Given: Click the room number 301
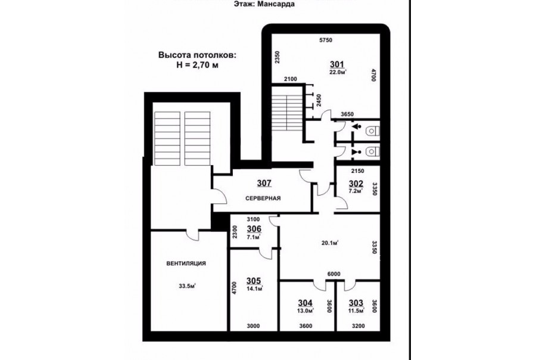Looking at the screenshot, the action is pyautogui.click(x=336, y=64).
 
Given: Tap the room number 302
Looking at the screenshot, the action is pyautogui.click(x=356, y=184).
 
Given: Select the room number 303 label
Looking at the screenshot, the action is pyautogui.click(x=356, y=303).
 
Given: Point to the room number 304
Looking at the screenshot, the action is pyautogui.click(x=305, y=303).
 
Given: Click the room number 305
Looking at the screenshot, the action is pyautogui.click(x=254, y=281).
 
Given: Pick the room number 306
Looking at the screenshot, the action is pyautogui.click(x=254, y=229).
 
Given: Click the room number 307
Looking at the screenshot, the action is pyautogui.click(x=264, y=184).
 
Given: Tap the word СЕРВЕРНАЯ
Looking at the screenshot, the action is pyautogui.click(x=263, y=198).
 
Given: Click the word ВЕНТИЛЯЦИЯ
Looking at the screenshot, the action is pyautogui.click(x=186, y=263).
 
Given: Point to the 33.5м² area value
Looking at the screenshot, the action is pyautogui.click(x=187, y=285).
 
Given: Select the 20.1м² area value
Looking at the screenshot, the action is pyautogui.click(x=330, y=243).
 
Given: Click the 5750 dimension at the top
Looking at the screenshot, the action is pyautogui.click(x=326, y=40).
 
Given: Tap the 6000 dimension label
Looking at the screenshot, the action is pyautogui.click(x=334, y=274).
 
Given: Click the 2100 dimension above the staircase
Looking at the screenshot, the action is pyautogui.click(x=290, y=79).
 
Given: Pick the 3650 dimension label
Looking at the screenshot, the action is pyautogui.click(x=347, y=114).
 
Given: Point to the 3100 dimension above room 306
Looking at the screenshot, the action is pyautogui.click(x=253, y=219).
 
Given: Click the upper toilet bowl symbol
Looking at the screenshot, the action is pyautogui.click(x=372, y=131).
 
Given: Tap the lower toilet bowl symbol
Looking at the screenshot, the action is pyautogui.click(x=372, y=151).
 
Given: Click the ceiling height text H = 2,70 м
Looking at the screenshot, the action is pyautogui.click(x=197, y=64).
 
